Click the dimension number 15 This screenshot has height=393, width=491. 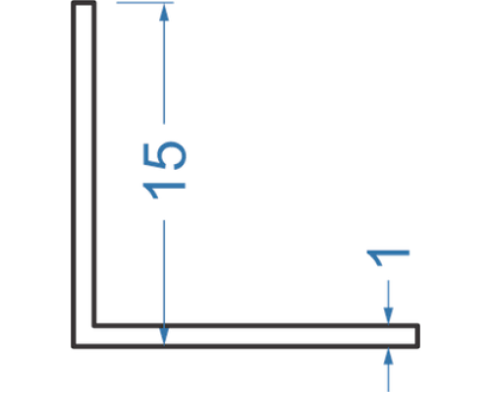pyautogui.click(x=164, y=170)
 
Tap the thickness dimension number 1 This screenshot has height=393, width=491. pyautogui.click(x=388, y=258)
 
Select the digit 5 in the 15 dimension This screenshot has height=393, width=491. pyautogui.click(x=165, y=155)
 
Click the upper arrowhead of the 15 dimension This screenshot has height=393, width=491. pyautogui.click(x=164, y=12)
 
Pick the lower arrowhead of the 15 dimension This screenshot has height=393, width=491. pyautogui.click(x=164, y=336)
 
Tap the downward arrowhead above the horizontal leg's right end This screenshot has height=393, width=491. pyautogui.click(x=389, y=316)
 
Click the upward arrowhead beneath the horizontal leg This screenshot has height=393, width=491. pyautogui.click(x=389, y=356)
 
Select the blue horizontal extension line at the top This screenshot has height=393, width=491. pyautogui.click(x=145, y=3)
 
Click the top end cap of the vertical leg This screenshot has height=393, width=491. pyautogui.click(x=83, y=3)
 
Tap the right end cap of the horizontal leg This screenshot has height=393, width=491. pyautogui.click(x=417, y=336)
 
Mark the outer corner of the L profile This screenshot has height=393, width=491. pyautogui.click(x=73, y=347)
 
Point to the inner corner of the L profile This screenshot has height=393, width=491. pyautogui.click(x=94, y=325)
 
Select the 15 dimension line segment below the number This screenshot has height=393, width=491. pyautogui.click(x=164, y=283)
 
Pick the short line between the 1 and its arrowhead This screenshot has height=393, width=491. pyautogui.click(x=389, y=294)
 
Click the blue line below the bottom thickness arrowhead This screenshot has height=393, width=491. pyautogui.click(x=389, y=378)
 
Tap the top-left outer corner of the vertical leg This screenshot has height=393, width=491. pyautogui.click(x=73, y=2)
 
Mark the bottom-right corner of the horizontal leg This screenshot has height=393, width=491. pyautogui.click(x=418, y=347)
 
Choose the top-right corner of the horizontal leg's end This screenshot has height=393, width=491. pyautogui.click(x=418, y=325)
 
